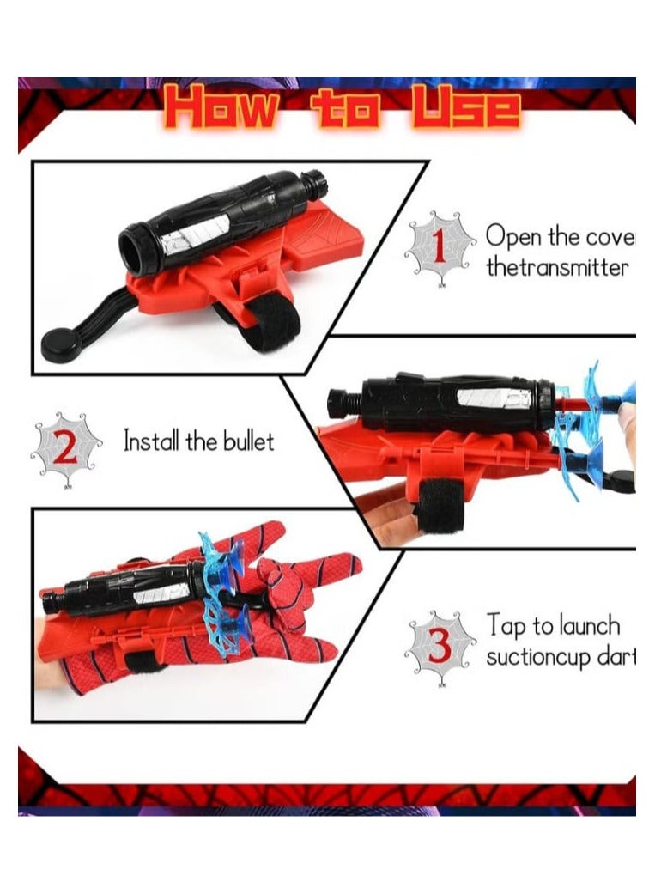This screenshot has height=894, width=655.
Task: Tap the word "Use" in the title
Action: (x=469, y=110)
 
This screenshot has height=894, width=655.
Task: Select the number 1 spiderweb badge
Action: (x=440, y=248)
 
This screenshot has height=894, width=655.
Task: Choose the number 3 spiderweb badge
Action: (x=440, y=647)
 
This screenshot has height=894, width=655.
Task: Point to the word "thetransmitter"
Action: (x=557, y=267)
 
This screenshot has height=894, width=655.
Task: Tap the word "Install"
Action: (x=152, y=443)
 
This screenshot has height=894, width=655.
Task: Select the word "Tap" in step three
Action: (x=507, y=625)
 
